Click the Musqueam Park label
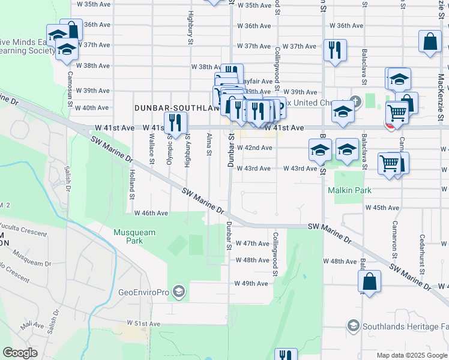(x=135, y=236)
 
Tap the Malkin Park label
(x=349, y=190)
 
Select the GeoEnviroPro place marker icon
(x=178, y=292)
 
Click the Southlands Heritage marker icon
(x=353, y=326)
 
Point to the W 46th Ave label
(x=151, y=213)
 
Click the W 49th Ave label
(x=252, y=283)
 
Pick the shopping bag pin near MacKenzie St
(x=431, y=43)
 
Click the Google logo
(x=20, y=353)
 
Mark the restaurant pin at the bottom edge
(x=286, y=355)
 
